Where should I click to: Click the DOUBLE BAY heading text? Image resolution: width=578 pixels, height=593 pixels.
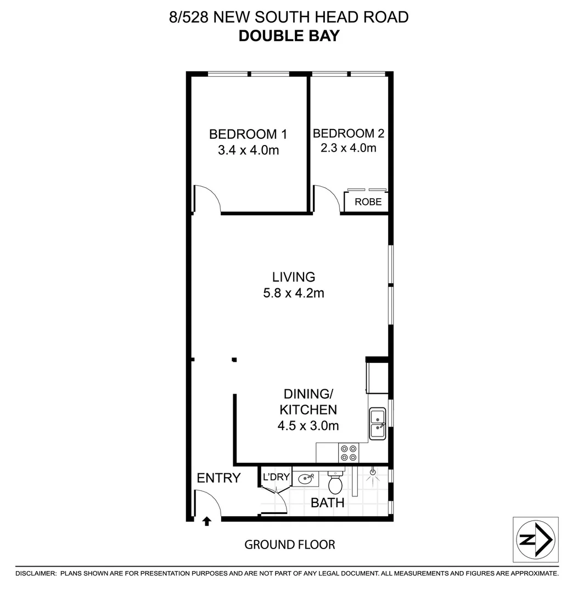pos(289,36)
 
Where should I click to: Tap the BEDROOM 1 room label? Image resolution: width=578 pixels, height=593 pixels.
pos(248,134)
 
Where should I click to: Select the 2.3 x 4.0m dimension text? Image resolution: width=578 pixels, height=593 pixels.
pos(348,148)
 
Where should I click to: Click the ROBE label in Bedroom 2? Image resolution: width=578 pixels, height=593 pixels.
pos(368,202)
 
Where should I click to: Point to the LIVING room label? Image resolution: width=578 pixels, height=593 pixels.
pos(294,277)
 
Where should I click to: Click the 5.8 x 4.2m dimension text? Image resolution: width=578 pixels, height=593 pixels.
pos(294,293)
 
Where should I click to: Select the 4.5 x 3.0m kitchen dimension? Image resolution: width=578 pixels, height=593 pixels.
pos(309,425)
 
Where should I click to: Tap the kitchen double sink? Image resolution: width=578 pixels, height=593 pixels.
pos(377,423)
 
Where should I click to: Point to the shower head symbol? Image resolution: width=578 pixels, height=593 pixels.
pos(373,471)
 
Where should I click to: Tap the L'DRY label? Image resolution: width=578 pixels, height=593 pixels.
pos(276,477)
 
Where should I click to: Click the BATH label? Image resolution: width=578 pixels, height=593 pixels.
pos(328,502)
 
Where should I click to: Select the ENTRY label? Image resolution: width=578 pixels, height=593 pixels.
pos(218,478)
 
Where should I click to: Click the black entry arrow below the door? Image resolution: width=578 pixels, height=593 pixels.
pos(207,521)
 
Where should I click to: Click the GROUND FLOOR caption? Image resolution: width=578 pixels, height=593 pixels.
pos(289,545)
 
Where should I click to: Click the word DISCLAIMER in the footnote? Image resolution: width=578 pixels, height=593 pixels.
pos(36,573)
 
